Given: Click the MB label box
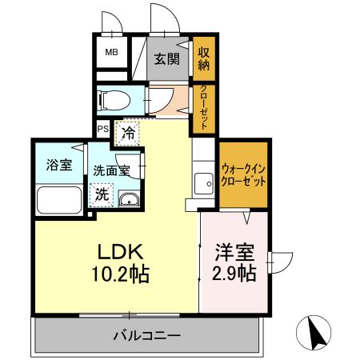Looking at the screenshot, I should (112, 55).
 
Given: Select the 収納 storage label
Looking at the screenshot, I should (203, 57).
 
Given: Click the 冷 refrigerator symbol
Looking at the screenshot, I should (128, 134).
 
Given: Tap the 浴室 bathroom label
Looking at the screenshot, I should (58, 166).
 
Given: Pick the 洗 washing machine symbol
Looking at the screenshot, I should (104, 193).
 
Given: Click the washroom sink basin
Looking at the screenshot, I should (129, 199).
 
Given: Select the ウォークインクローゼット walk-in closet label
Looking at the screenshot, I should (243, 174).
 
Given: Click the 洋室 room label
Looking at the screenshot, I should (234, 253).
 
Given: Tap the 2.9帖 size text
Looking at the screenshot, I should (234, 274).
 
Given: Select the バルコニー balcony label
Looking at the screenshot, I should (146, 334).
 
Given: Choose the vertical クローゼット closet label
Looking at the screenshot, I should (203, 107).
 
